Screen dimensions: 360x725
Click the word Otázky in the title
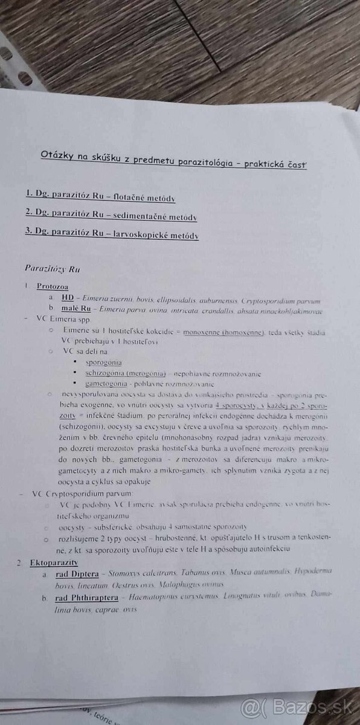[x=56, y=155]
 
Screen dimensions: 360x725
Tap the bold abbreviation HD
[x=68, y=298]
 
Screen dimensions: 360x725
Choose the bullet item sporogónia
[x=104, y=362]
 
